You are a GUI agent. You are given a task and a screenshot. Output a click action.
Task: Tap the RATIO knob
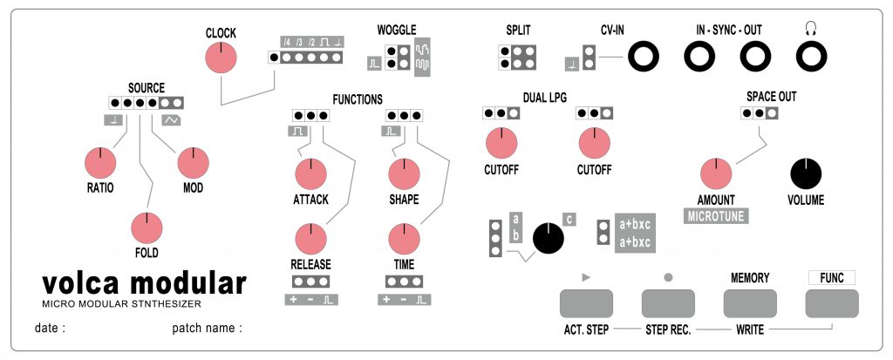pos(100,162)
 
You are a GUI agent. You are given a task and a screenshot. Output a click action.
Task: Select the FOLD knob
pos(147,228)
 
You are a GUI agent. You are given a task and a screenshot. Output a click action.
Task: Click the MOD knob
pos(194,162)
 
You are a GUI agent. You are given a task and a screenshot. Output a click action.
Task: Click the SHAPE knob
pos(403,173)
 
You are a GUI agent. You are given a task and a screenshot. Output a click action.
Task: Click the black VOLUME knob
pos(807,173)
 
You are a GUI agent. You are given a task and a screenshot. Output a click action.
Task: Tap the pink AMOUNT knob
pos(715,173)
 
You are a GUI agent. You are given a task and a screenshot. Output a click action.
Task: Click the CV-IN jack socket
pos(646,58)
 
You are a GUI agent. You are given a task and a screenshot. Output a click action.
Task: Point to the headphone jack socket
pos(810,58)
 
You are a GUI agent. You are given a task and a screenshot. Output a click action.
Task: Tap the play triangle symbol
pos(585,277)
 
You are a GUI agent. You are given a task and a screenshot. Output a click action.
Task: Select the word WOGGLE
pos(397,30)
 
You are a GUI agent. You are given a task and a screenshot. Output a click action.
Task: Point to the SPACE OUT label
pos(771,96)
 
